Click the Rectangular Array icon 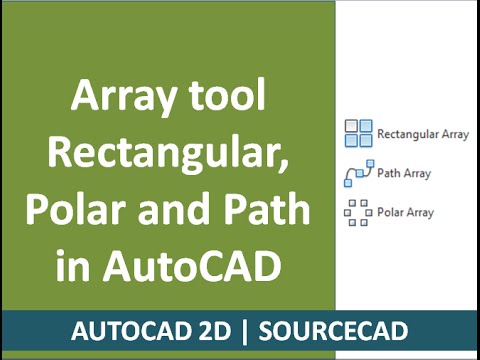click(x=358, y=132)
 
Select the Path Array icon click(x=359, y=173)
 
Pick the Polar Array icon click(x=358, y=212)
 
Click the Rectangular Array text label click(x=426, y=133)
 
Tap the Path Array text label click(x=404, y=173)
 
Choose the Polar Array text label click(x=405, y=212)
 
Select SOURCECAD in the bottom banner click(x=339, y=331)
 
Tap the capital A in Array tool click(x=84, y=101)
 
